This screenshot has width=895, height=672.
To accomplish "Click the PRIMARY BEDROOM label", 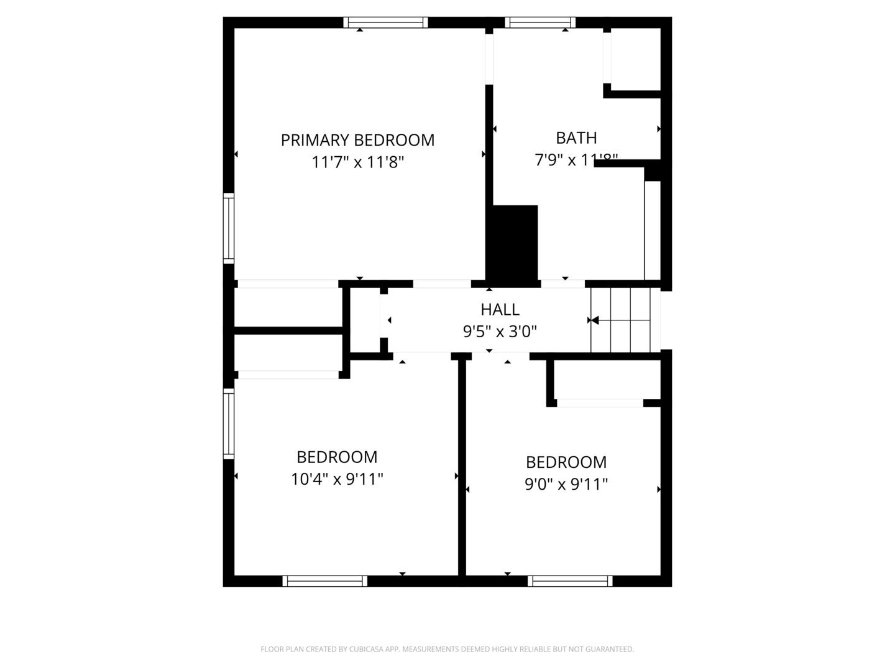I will pos(357,140).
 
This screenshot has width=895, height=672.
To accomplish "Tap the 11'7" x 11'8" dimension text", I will pos(357,162).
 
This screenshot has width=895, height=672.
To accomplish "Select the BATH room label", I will pos(576,138).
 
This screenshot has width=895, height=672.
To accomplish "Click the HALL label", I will pos(500,309).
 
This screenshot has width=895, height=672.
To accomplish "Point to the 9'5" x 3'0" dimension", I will pos(500,332).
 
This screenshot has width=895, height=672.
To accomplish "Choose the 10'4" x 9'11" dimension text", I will pos(337,479).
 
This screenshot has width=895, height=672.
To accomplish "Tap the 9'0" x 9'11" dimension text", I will pos(566,484).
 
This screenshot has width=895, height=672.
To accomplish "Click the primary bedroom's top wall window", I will pos(385,22).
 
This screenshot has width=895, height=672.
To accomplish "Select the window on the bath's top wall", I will pos(540,22).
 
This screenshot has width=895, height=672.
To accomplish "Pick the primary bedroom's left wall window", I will pos(229,228).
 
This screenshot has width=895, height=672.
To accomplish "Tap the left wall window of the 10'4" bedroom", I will pos(229,424).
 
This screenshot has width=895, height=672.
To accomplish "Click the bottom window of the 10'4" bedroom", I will pos(324,581).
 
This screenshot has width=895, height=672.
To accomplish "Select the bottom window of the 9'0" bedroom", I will pos(570,581).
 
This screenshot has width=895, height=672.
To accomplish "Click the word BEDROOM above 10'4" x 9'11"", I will pos(337,457).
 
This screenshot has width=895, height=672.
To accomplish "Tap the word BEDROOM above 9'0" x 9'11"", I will pos(566,462).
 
